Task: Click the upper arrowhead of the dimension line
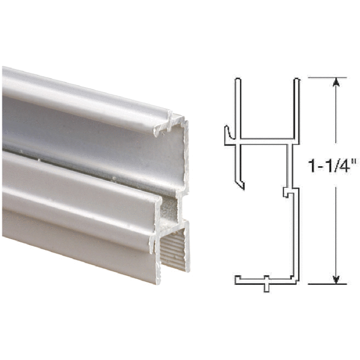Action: (335, 83)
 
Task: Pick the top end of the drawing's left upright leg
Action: (237, 81)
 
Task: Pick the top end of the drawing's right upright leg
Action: (296, 81)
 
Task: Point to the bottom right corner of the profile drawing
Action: (296, 280)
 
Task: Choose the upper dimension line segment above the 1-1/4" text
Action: (335, 119)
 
